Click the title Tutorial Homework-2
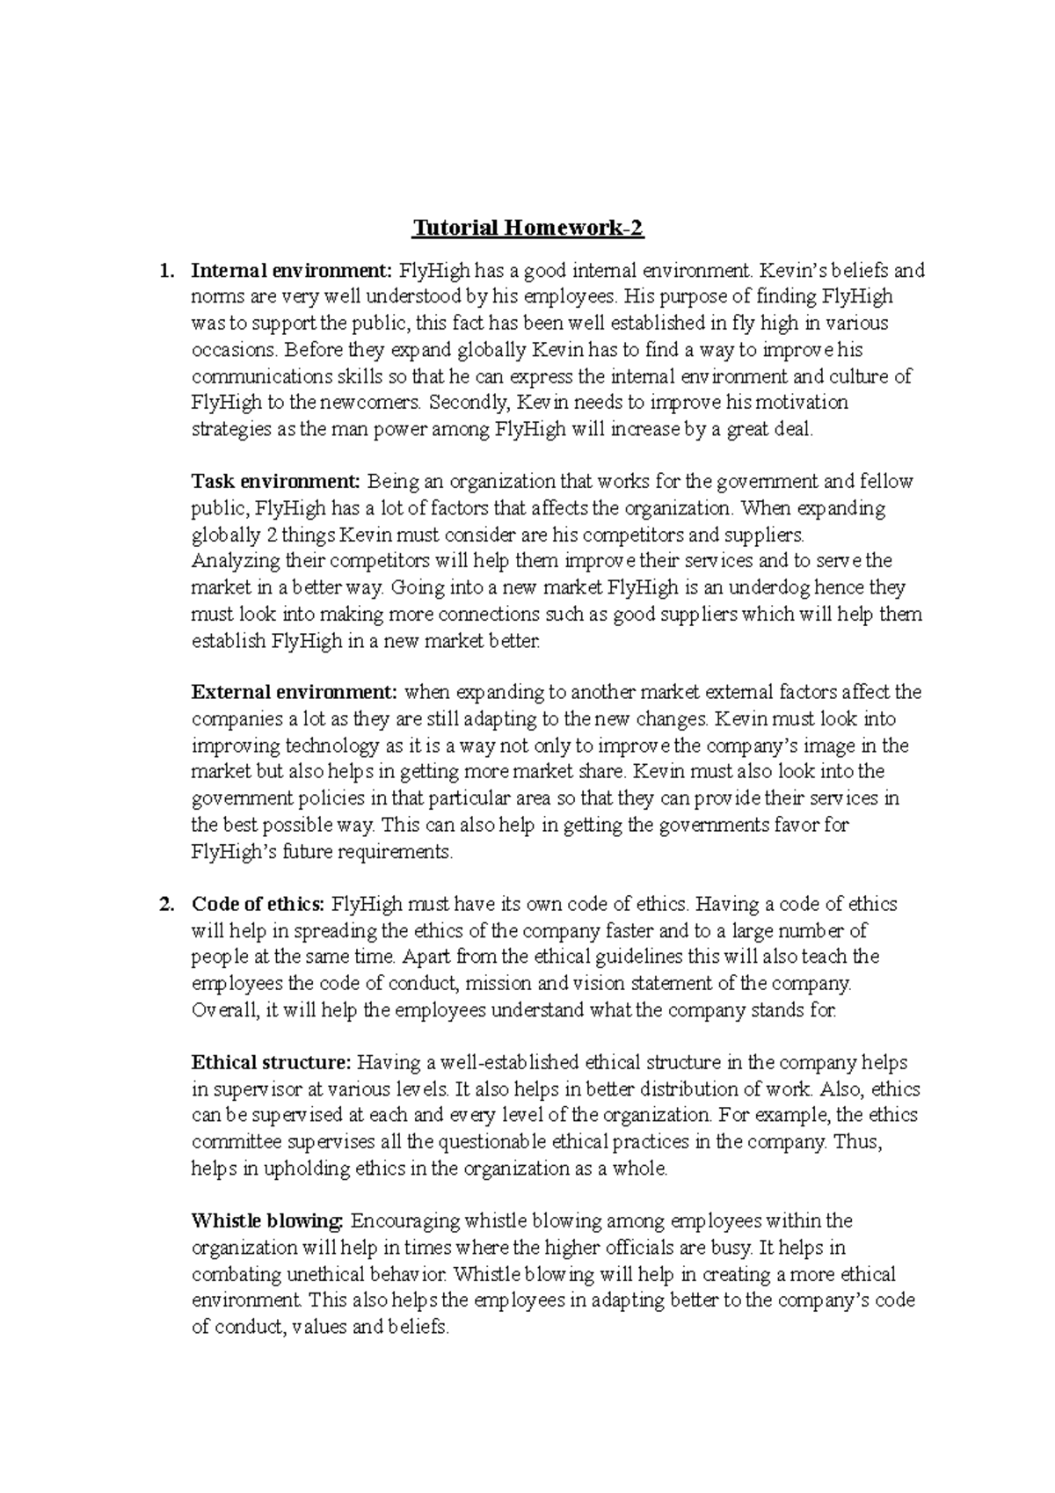tap(528, 229)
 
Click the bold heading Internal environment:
tap(293, 271)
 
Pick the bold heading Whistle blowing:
tap(267, 1221)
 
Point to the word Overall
tap(225, 1010)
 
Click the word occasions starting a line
tap(234, 350)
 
